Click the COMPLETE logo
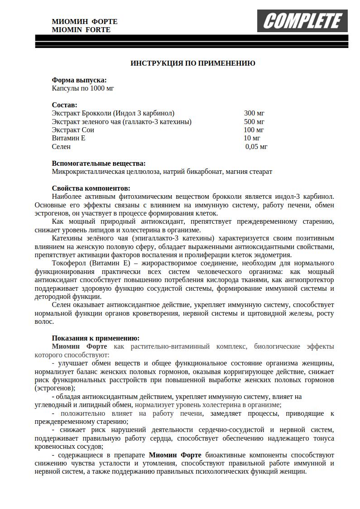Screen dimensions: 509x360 coord(302,21)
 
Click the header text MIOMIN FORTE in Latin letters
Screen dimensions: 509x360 coord(81,30)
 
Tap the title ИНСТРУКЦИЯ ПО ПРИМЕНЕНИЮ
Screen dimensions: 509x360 coord(192,63)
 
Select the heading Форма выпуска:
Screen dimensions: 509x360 coord(79,80)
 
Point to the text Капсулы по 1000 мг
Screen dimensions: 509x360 coord(83,88)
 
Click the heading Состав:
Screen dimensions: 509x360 coord(64,105)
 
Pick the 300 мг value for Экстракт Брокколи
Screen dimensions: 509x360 coord(254,113)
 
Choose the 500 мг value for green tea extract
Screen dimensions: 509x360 coord(254,122)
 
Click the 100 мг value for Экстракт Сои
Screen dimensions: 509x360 coord(254,130)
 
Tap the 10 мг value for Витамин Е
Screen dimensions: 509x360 coord(252,138)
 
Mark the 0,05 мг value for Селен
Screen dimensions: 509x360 coord(256,147)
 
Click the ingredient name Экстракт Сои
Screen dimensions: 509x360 coord(73,130)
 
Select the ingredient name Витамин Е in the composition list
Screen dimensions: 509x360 coord(68,138)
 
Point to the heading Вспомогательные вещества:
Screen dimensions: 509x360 coord(99,163)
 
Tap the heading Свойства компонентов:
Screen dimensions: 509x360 coord(91,188)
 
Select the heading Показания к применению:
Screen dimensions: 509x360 coord(96,338)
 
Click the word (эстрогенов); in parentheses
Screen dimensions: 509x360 coord(55,388)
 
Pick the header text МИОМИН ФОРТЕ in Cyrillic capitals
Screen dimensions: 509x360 coord(85,21)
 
